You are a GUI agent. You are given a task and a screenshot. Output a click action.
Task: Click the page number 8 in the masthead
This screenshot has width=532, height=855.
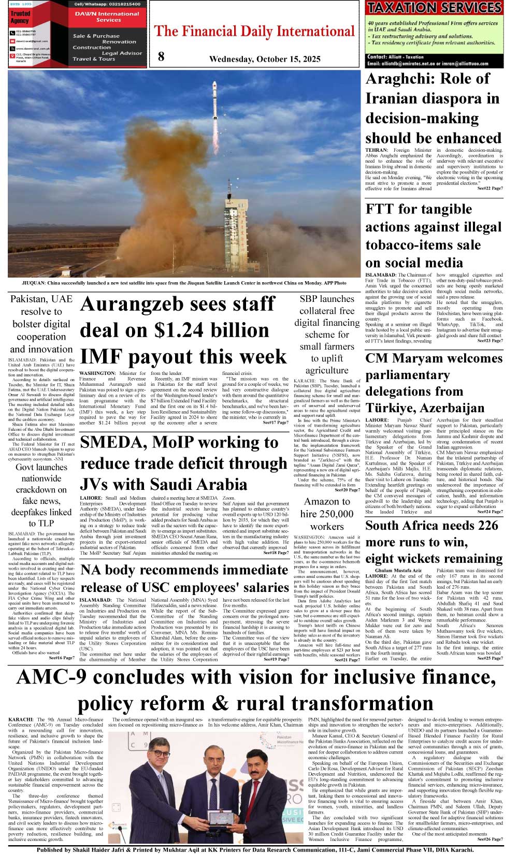click(x=161, y=56)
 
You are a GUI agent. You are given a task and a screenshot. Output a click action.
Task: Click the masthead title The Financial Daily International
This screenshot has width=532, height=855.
click(x=254, y=32)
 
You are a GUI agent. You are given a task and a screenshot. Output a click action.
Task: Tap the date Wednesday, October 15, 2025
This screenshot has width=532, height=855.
click(x=265, y=59)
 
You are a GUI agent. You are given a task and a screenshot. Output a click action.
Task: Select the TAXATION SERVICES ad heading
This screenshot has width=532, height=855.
click(x=434, y=8)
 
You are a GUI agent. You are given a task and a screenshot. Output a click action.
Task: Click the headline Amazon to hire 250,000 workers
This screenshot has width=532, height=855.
click(x=327, y=514)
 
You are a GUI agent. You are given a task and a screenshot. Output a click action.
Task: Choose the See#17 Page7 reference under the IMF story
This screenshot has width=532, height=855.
click(x=276, y=423)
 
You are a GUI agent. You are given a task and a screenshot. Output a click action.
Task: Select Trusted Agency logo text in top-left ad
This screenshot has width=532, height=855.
click(x=20, y=17)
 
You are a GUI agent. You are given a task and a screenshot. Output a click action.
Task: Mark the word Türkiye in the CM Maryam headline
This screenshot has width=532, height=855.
click(x=395, y=408)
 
